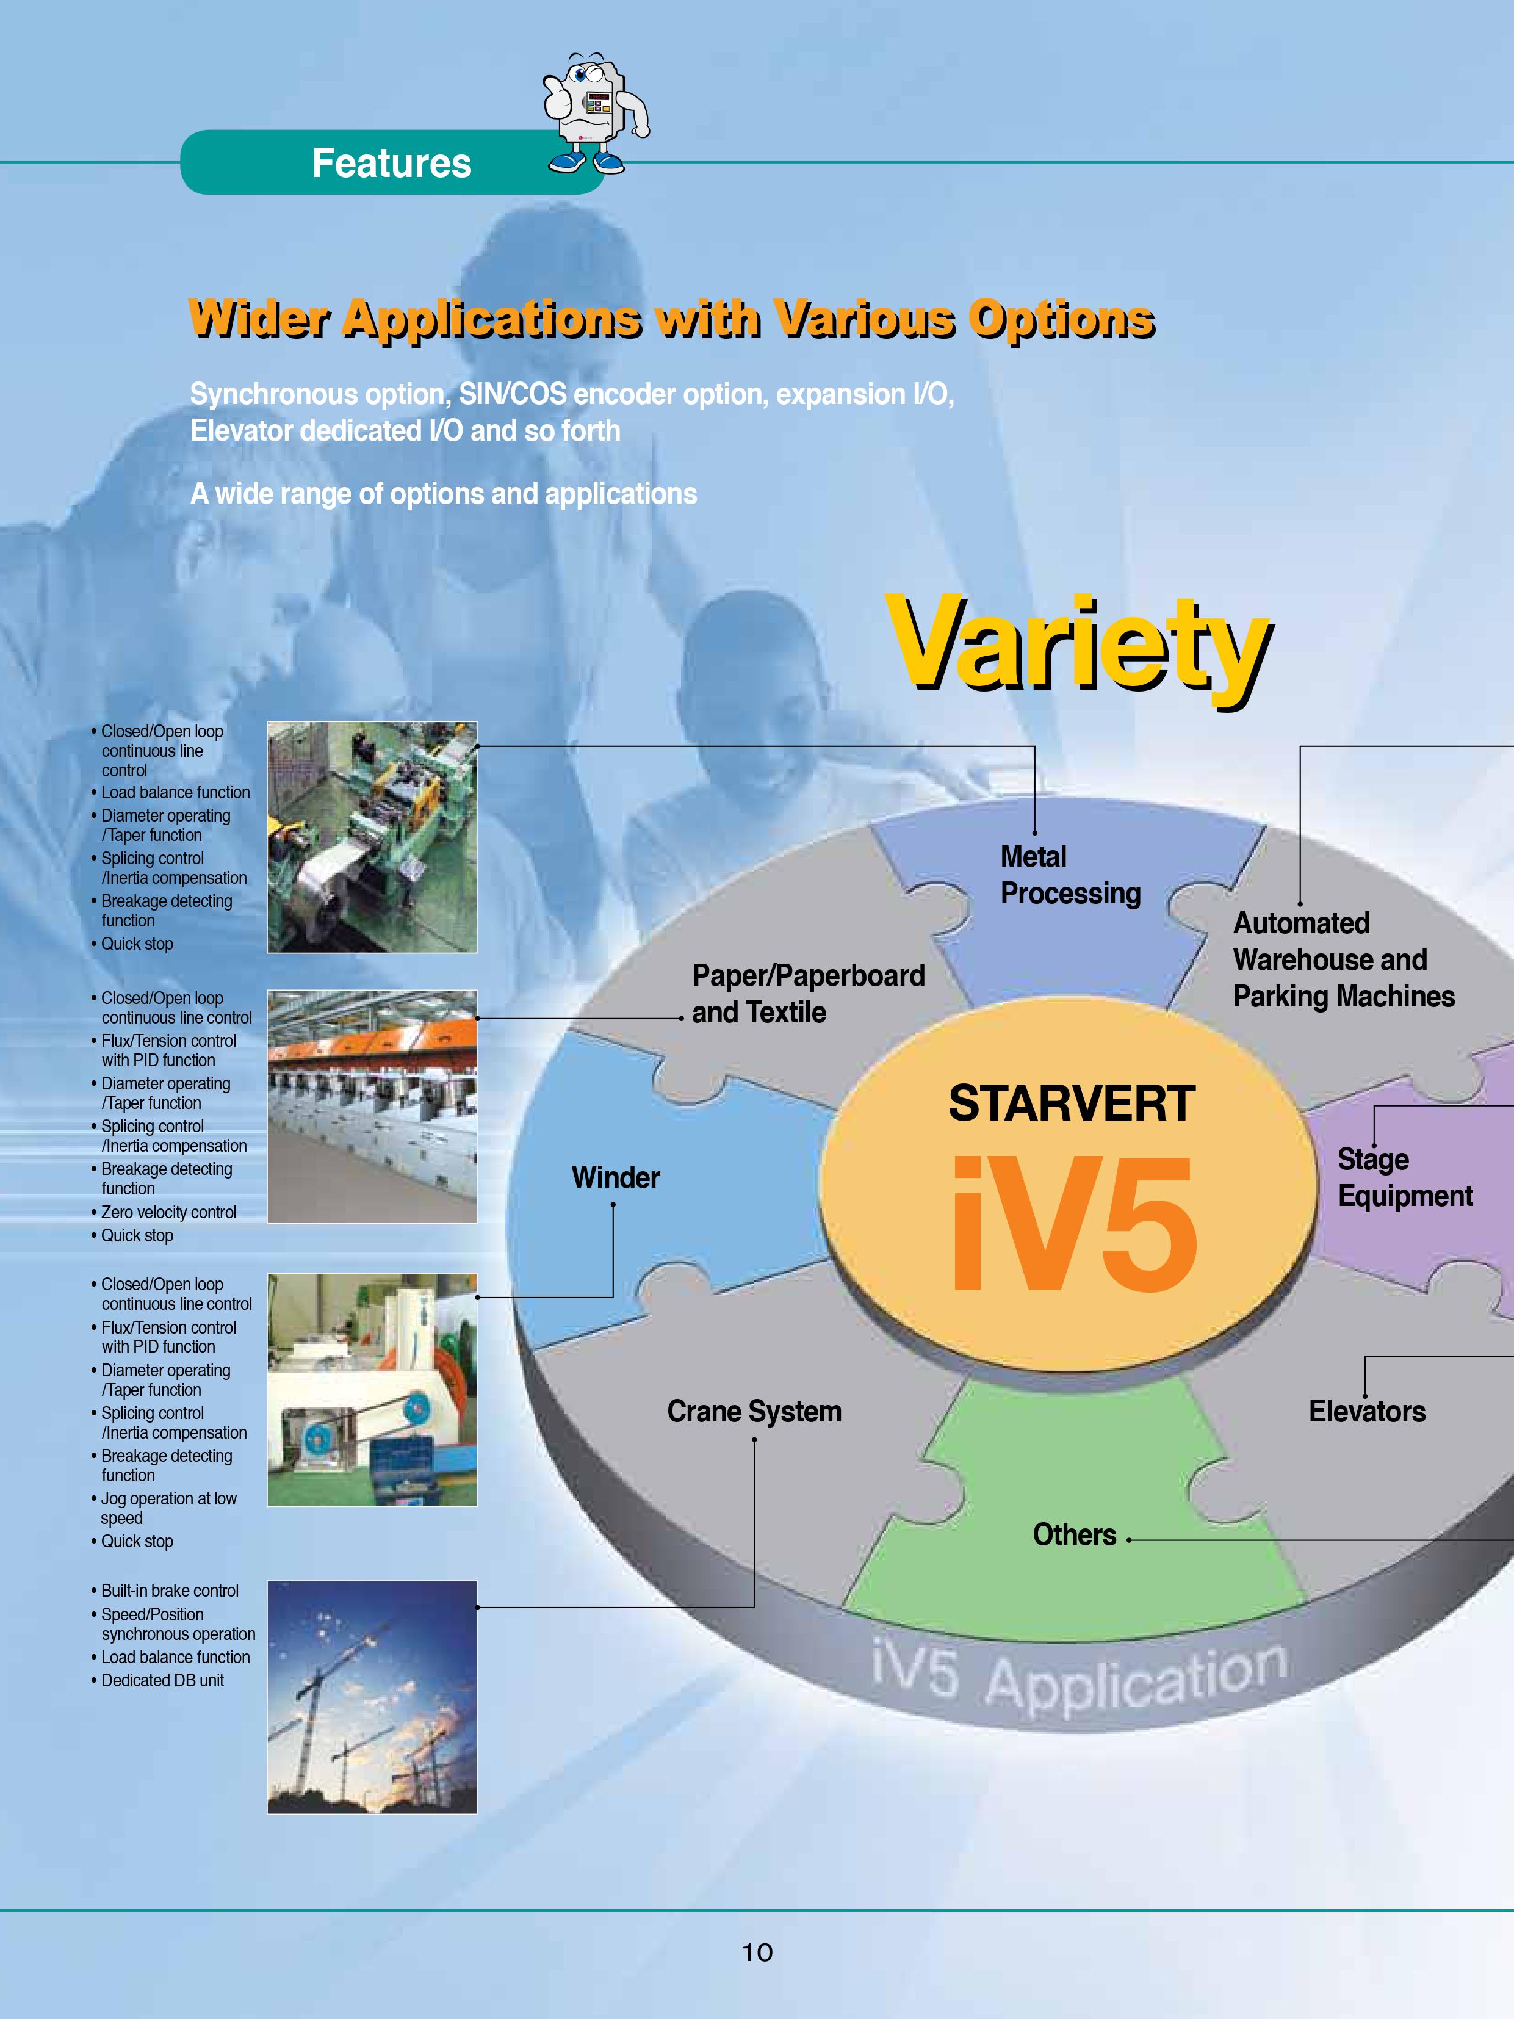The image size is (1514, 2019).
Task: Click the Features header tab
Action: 392,162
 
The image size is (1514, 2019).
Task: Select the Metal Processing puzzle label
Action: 1070,875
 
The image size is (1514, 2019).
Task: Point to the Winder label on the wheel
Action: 615,1177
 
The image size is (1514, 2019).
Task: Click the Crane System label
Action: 754,1411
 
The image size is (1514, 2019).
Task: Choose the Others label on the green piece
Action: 1074,1534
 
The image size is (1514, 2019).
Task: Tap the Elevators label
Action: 1367,1411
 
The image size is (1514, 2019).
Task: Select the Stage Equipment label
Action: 1405,1177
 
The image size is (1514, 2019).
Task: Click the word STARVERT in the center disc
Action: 1072,1103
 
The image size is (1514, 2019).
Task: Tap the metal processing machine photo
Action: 372,837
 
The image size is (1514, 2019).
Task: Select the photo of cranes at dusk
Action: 372,1697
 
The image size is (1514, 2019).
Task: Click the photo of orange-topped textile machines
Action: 372,1107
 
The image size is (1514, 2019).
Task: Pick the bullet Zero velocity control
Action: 164,1212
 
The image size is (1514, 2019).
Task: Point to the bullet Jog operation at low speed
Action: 164,1508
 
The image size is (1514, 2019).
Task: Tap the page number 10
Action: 757,1952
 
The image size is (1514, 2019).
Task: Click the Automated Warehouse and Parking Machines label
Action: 1343,959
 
